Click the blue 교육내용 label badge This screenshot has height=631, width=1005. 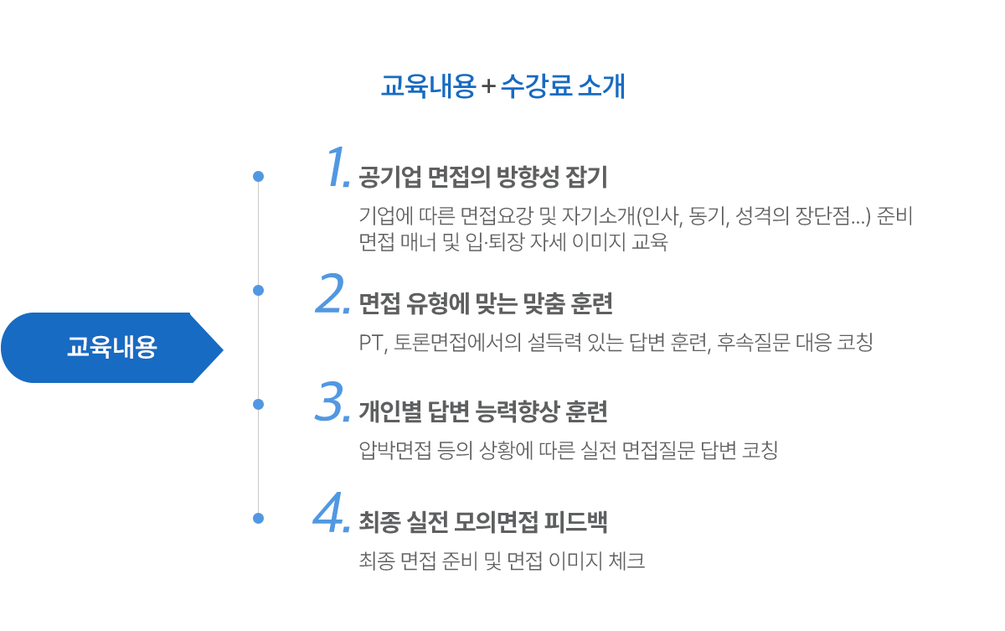pos(111,347)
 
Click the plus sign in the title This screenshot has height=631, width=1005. pos(488,87)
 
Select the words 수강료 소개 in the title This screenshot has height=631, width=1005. pos(562,87)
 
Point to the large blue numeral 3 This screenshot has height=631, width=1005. pos(332,403)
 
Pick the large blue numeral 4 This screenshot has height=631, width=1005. pos(331,512)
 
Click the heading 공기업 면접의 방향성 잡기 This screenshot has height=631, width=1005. pos(482,178)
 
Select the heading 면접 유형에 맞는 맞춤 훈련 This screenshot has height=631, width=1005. pos(486,303)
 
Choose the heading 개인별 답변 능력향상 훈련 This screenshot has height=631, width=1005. pos(482,411)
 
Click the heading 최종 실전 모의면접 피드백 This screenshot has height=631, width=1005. pos(482,522)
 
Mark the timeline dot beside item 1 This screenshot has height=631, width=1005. pos(258,177)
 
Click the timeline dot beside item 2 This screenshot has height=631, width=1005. pos(258,290)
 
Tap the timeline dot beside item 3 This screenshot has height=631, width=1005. pos(258,404)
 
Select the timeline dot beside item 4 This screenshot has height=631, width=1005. pos(258,518)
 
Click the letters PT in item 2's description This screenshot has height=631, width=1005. pos(369,344)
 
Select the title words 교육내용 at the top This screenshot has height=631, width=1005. pos(428,87)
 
